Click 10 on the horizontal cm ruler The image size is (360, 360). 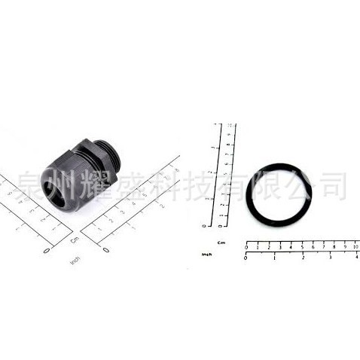point(355,247)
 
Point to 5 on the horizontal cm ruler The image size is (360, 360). point(301,247)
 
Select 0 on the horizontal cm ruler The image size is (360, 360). point(246,247)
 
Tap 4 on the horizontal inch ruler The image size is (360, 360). point(356,258)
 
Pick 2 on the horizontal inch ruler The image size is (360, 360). point(301,258)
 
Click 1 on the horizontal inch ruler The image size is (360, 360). point(274,258)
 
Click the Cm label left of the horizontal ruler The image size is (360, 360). point(221,243)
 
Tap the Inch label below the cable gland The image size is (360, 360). point(76,261)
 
